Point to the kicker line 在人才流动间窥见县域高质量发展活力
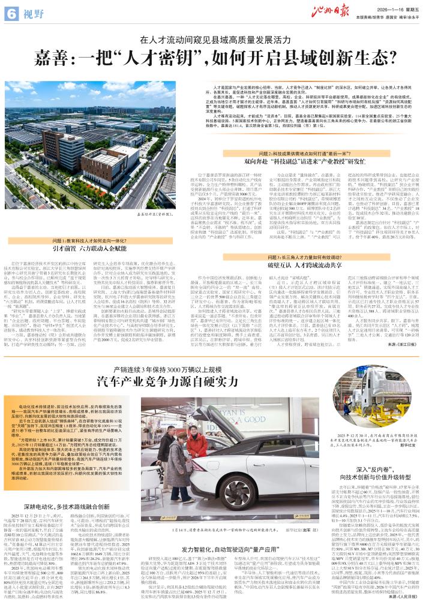211,40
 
